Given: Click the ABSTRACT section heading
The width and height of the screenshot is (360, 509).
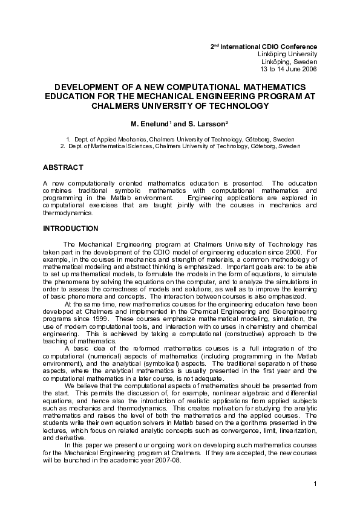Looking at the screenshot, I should [63, 167].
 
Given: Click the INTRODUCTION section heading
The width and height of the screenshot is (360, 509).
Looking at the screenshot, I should [70, 229].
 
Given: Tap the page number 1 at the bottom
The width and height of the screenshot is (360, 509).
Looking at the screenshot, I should [316, 484].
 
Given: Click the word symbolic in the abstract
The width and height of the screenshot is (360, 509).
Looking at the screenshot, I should [126, 190].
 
